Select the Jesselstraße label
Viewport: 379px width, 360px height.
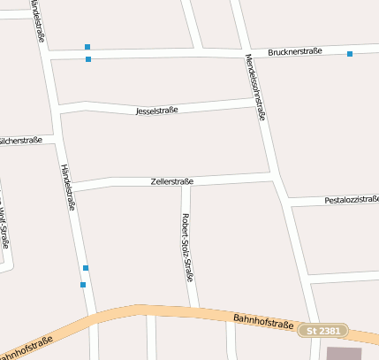coord(157,111)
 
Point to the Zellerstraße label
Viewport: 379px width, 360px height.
coord(172,181)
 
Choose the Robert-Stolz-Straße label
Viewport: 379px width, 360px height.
coord(187,247)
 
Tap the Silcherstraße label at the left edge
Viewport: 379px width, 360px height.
coord(19,141)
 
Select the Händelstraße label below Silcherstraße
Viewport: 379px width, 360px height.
coord(68,187)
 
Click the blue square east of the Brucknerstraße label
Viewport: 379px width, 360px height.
coord(350,54)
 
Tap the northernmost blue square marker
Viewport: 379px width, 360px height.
coord(87,46)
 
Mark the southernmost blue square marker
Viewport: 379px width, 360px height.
coord(83,285)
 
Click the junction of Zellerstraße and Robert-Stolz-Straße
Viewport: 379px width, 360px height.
coord(186,183)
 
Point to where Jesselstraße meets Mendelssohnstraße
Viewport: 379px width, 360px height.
coord(257,104)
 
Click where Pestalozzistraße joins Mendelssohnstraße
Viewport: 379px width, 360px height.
coord(287,203)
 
